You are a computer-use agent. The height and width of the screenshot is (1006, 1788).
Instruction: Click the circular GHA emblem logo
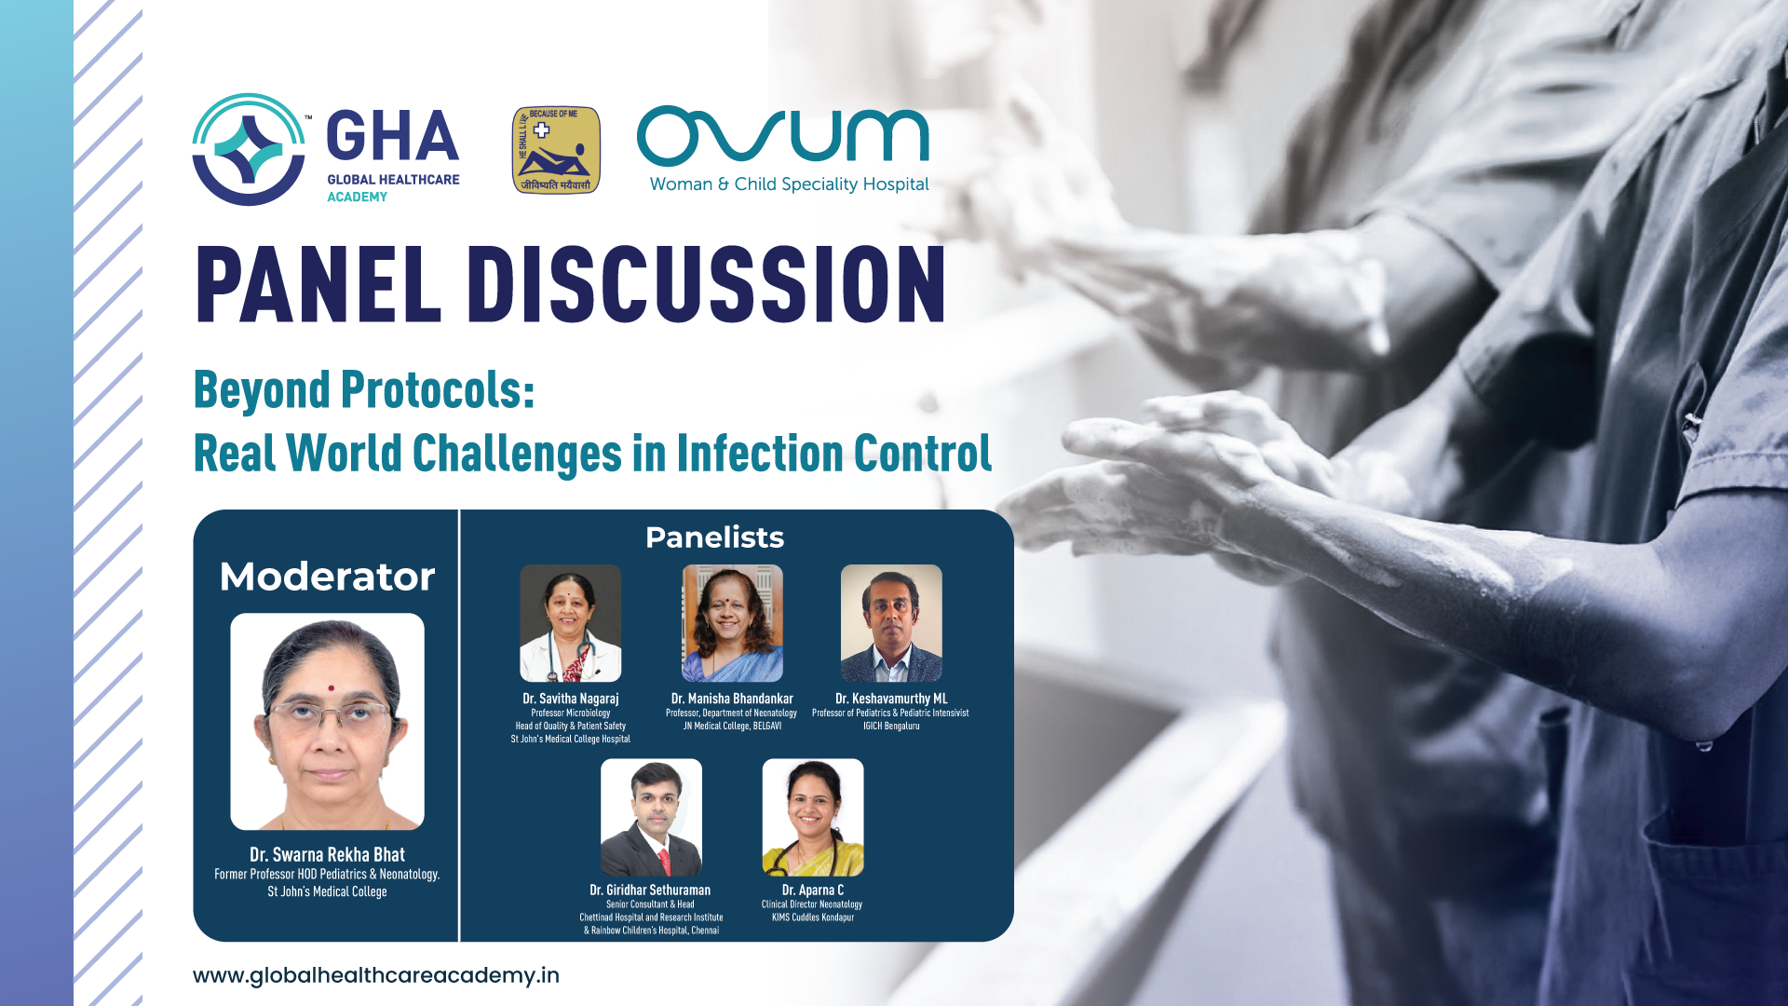tap(249, 149)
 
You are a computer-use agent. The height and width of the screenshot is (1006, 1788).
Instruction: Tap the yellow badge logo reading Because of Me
tap(556, 150)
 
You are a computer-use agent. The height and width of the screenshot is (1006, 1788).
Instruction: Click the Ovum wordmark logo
tap(783, 136)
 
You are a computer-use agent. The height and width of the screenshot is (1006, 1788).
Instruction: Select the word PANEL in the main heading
tap(318, 284)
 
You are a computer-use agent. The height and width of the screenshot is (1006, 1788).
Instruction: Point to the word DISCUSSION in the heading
tap(707, 284)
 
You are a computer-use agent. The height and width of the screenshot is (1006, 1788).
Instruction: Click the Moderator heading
tap(327, 577)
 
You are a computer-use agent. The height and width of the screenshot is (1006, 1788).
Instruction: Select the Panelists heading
tap(715, 537)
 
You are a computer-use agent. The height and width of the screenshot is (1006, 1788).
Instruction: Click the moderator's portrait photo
tap(328, 722)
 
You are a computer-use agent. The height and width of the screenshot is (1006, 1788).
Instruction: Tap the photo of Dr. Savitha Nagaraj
tap(571, 623)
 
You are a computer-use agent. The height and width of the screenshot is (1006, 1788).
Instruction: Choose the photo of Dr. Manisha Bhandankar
tap(733, 623)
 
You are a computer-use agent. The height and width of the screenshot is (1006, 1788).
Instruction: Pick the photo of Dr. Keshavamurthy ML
tap(891, 623)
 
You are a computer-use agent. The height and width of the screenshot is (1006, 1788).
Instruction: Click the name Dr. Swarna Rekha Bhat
tap(327, 854)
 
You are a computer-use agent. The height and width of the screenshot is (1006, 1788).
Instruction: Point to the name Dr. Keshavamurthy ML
tap(891, 699)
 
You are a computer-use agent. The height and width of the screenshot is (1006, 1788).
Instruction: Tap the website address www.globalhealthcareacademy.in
tap(376, 975)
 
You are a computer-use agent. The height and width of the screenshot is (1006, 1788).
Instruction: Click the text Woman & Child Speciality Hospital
tap(790, 184)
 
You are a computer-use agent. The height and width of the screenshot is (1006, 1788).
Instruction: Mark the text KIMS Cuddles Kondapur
tap(813, 918)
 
